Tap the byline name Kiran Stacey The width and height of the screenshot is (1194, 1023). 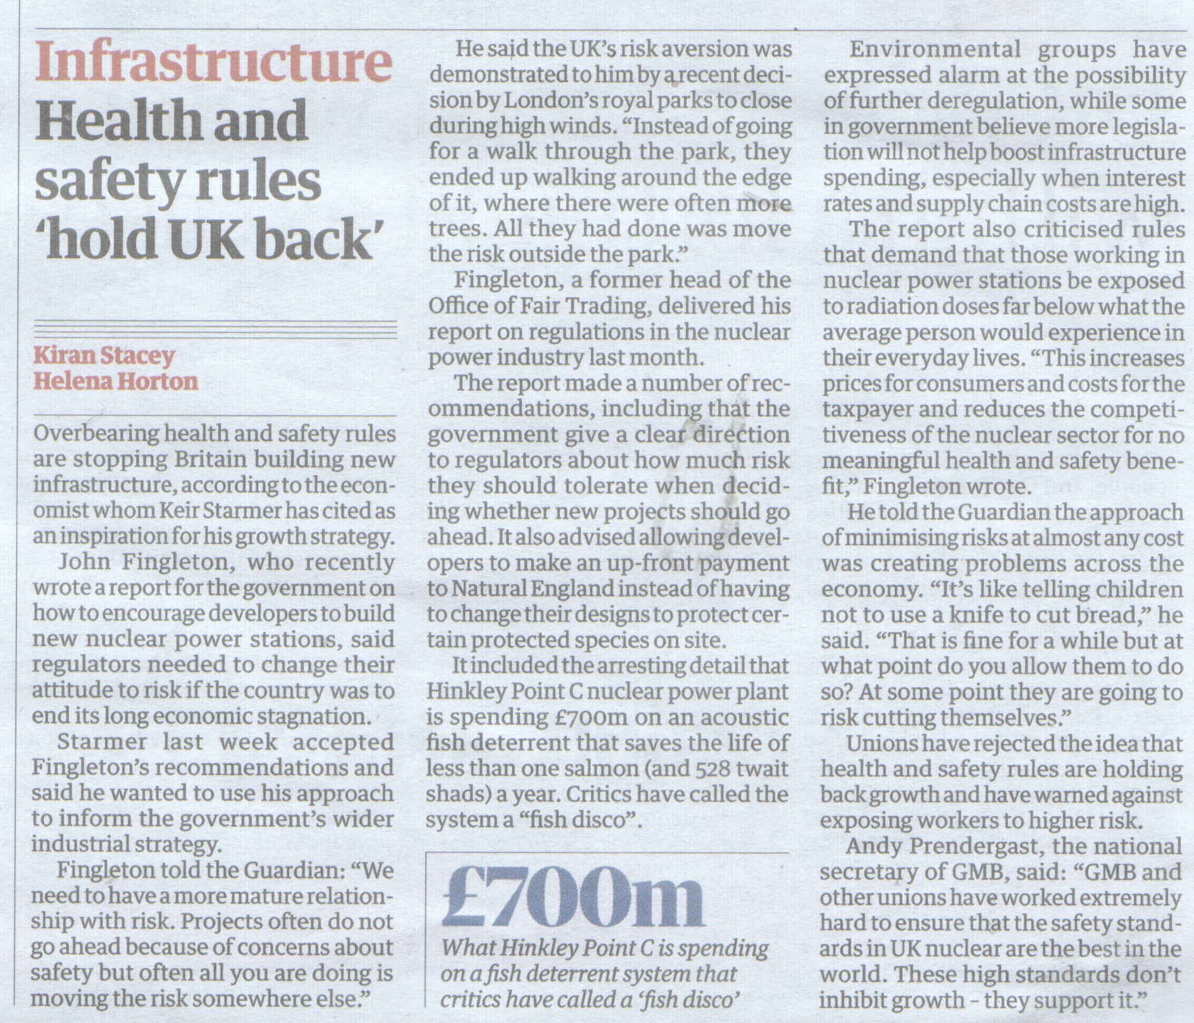(x=103, y=355)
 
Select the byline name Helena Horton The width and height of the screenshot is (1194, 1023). (x=115, y=381)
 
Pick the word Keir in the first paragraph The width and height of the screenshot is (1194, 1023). (x=181, y=511)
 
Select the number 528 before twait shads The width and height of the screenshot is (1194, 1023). (x=714, y=769)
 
